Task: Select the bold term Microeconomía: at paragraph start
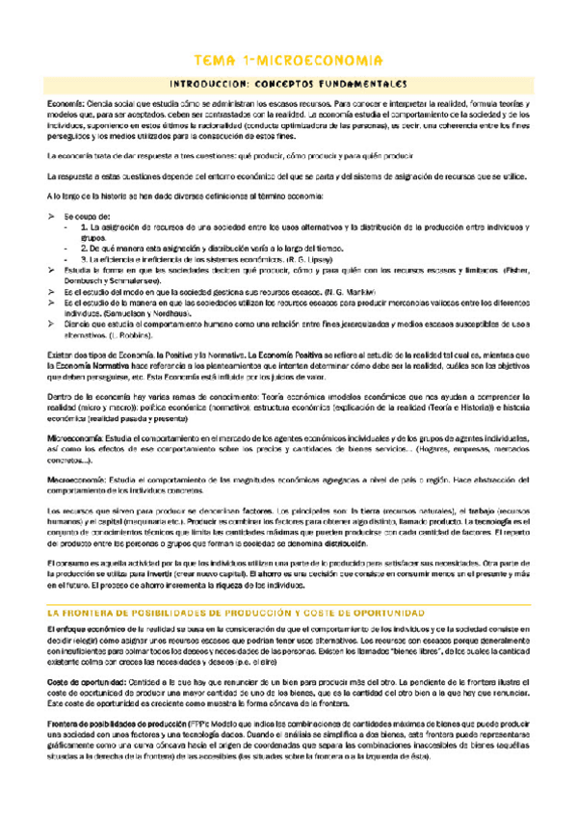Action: pos(79,435)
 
